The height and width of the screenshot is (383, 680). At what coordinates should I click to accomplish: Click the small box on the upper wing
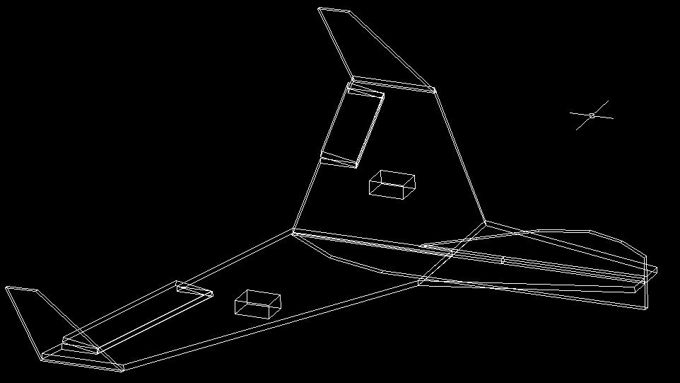[x=392, y=185]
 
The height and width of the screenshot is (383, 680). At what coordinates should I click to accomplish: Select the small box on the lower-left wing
[x=257, y=303]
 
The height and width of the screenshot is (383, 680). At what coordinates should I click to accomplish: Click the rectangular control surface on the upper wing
[x=353, y=127]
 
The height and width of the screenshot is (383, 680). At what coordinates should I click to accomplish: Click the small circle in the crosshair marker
[x=592, y=115]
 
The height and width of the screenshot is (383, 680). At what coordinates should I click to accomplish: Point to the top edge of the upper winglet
[x=334, y=10]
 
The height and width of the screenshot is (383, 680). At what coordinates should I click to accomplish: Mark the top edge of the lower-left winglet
[x=21, y=289]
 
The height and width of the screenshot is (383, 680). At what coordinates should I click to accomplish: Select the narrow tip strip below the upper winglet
[x=392, y=84]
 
